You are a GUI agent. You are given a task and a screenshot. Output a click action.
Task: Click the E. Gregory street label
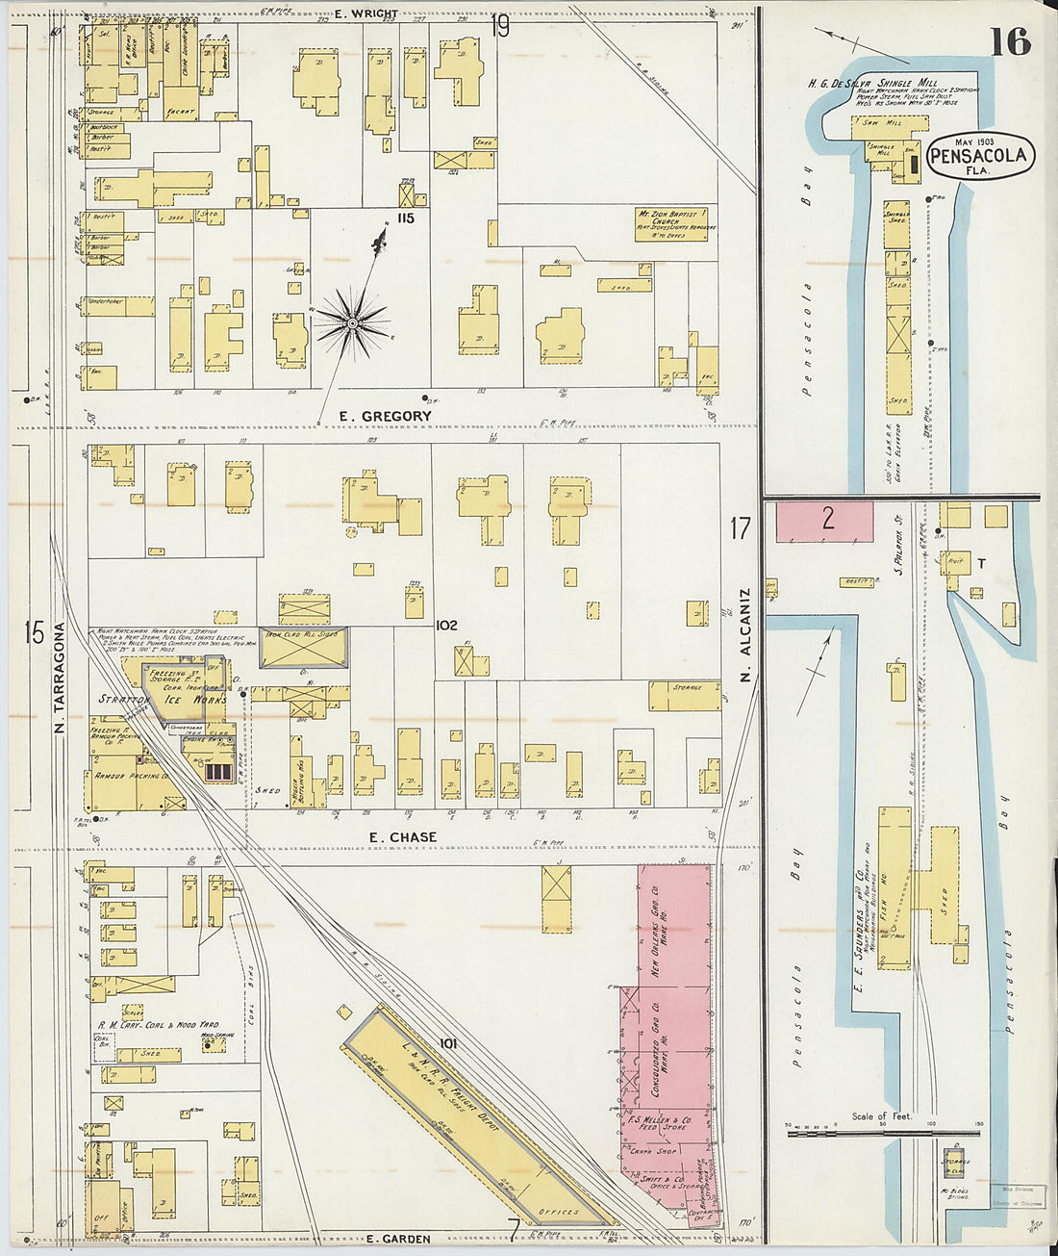pos(385,416)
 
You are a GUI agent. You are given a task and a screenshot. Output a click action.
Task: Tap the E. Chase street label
pos(402,837)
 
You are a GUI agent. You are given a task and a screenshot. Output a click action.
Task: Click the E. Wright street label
pos(367,13)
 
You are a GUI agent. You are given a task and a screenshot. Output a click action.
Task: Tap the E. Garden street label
pos(399,1239)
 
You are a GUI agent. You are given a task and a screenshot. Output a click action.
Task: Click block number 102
pos(445,625)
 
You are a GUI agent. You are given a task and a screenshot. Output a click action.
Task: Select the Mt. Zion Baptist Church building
pos(671,223)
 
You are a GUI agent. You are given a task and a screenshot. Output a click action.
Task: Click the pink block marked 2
pos(825,521)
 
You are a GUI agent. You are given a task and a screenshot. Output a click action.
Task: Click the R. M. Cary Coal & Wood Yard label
pos(158,1025)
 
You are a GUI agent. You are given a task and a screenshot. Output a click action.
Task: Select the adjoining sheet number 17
pos(739,527)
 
